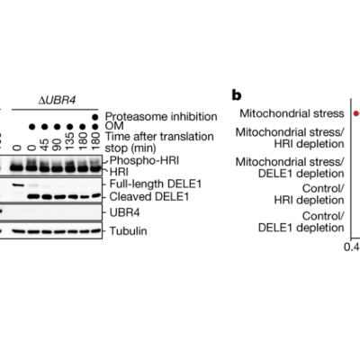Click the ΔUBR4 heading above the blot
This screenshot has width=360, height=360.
pos(57,101)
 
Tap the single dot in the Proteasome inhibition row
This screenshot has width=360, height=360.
pos(95,117)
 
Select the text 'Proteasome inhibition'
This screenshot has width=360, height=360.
pos(161,116)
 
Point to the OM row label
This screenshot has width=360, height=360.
pos(114,126)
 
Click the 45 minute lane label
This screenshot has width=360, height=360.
pos(44,144)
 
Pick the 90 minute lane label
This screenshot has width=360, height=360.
pos(57,144)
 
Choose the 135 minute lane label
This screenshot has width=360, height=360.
pos(69,141)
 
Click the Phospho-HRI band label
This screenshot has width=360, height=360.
pos(144,161)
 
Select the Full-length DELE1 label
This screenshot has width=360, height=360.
pos(156,184)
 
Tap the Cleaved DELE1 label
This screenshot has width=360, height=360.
pos(149,197)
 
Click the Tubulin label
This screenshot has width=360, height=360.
pos(129,231)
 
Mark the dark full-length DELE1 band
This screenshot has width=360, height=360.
pos(19,185)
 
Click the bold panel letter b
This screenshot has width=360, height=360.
pos(237,95)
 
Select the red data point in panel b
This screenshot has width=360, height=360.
pos(355,113)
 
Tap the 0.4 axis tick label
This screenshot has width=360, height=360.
pos(352,247)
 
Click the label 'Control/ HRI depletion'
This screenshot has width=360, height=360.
pos(309,194)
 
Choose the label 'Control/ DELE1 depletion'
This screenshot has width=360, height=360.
pos(301,222)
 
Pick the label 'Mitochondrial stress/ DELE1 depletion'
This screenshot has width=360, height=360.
pos(290,167)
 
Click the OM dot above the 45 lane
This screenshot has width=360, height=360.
pos(44,127)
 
